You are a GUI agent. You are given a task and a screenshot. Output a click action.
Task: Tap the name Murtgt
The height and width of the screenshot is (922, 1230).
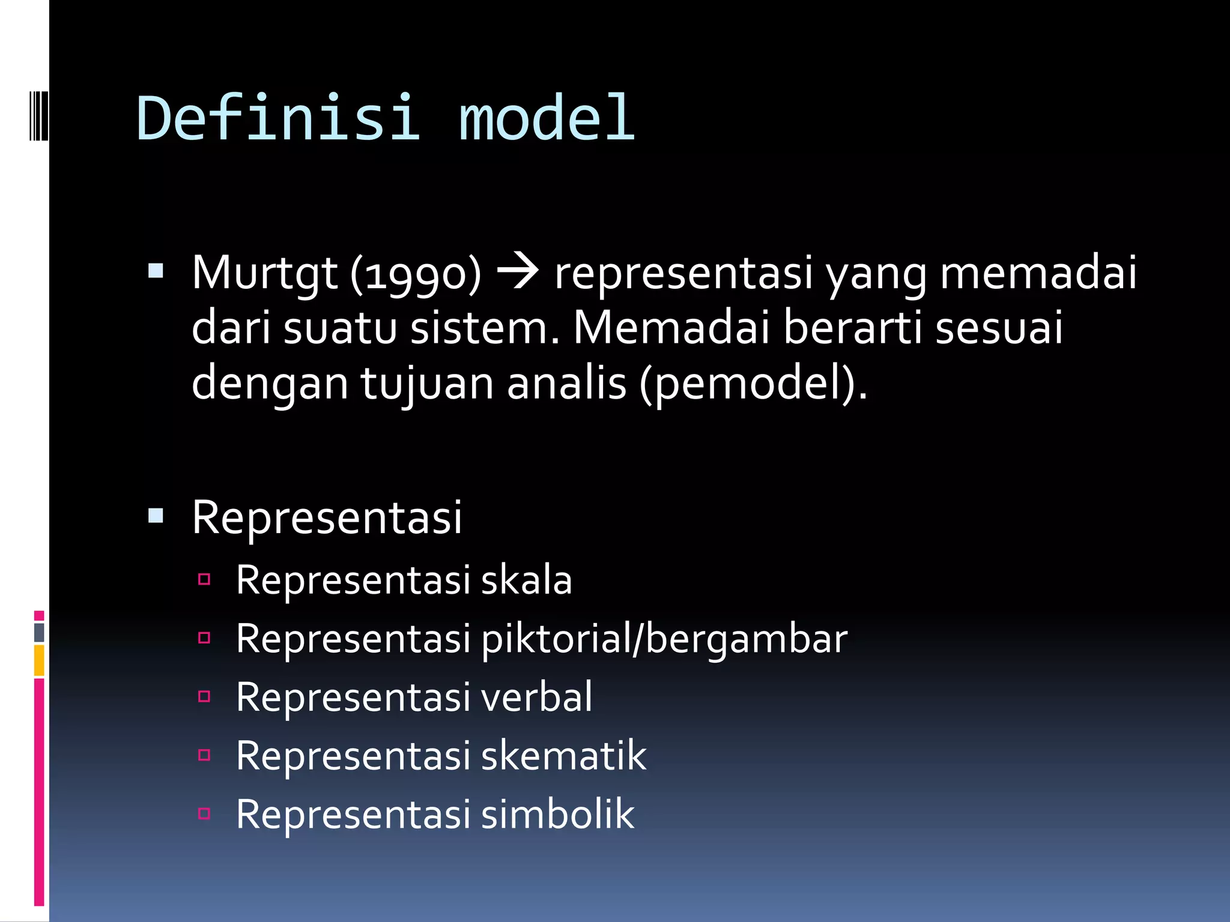click(x=264, y=273)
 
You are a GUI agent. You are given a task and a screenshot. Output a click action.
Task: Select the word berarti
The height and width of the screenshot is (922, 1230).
click(x=852, y=328)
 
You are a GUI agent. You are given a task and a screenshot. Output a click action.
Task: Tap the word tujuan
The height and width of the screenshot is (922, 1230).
click(x=426, y=384)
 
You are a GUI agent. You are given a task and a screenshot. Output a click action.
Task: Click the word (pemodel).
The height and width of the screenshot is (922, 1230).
click(x=754, y=384)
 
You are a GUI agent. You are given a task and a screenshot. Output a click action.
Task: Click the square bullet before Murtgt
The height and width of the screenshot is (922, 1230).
click(x=156, y=271)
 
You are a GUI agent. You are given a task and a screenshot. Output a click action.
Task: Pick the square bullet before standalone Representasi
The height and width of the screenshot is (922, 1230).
click(x=156, y=516)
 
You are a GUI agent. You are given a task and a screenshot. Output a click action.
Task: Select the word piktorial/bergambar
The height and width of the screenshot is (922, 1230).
click(x=664, y=639)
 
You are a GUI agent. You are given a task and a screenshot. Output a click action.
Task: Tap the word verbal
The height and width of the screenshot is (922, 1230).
click(x=536, y=697)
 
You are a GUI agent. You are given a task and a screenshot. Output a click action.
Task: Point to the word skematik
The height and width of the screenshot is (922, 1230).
click(x=563, y=755)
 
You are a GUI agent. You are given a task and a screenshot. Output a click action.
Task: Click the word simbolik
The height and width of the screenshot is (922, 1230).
click(x=557, y=814)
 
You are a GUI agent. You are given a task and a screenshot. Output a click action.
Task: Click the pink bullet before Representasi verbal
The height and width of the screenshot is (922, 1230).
click(x=204, y=696)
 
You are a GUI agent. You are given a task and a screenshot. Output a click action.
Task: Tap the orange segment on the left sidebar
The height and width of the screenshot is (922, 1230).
click(x=39, y=660)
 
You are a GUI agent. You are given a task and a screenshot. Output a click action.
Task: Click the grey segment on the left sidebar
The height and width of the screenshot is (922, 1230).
click(x=39, y=632)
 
